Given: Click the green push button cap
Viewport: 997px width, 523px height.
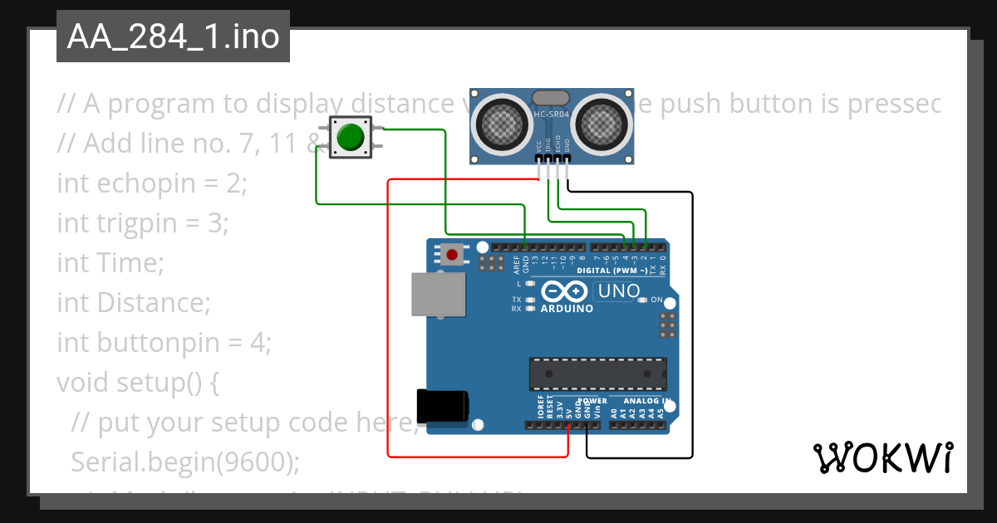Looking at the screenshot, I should click(x=351, y=136).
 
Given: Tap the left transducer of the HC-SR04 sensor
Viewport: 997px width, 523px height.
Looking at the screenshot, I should click(x=502, y=123).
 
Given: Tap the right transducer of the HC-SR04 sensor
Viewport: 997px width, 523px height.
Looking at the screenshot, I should click(x=605, y=123).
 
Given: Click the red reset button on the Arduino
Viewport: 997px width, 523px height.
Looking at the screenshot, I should click(x=452, y=253).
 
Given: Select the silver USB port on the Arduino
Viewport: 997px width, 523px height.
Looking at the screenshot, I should click(x=438, y=295).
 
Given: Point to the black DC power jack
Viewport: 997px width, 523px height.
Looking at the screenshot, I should click(x=442, y=406).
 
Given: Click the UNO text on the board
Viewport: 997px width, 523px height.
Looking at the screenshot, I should click(x=620, y=291).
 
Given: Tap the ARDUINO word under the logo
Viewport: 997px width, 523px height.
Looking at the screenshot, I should click(x=567, y=309).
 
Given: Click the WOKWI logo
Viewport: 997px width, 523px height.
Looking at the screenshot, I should click(x=882, y=457).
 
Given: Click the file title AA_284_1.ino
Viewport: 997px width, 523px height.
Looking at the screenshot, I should click(x=173, y=37).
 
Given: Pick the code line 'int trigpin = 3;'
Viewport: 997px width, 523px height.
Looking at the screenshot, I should click(x=142, y=222).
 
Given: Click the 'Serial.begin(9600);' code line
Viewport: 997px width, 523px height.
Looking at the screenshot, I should click(x=184, y=462).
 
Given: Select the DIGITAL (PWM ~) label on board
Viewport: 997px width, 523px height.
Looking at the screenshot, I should click(x=611, y=271).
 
